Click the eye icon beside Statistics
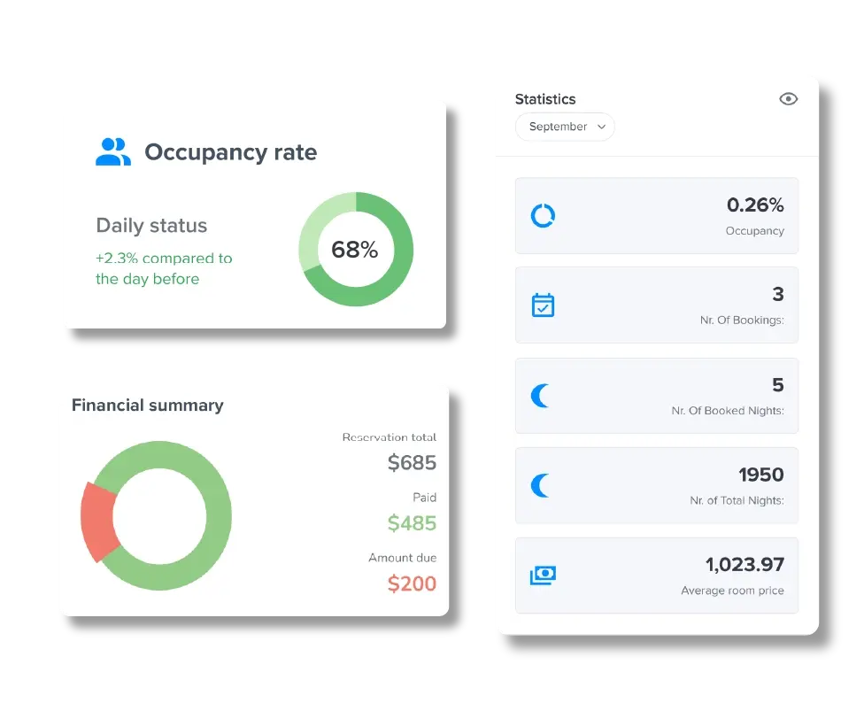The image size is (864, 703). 788,99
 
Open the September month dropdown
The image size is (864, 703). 565,127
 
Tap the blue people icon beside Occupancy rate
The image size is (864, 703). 113,152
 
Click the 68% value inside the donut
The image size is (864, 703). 355,250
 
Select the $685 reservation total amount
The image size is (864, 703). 412,462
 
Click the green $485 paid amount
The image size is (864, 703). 412,523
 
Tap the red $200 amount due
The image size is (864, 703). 412,583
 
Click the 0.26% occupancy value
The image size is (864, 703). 755,205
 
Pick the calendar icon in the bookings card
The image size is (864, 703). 543,305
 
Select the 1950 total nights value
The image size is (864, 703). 760,475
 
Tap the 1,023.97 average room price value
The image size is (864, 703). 744,564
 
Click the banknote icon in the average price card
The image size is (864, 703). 543,576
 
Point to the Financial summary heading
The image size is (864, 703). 147,406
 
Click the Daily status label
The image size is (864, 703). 151,226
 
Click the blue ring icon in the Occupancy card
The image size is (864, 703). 543,215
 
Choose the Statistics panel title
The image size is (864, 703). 545,99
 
